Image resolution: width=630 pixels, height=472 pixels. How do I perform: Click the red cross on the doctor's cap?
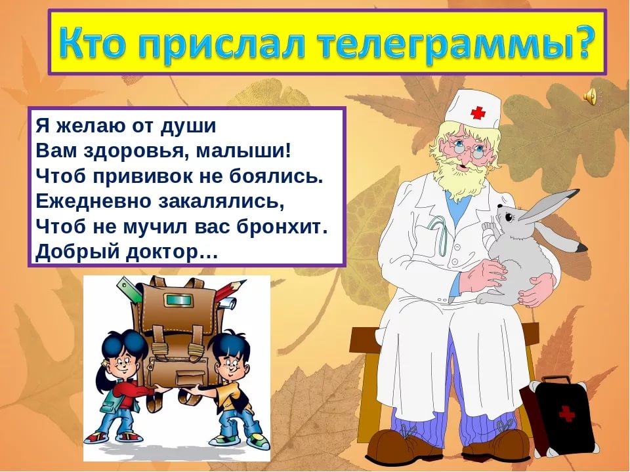[478, 112]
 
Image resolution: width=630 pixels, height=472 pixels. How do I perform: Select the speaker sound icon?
[590, 97]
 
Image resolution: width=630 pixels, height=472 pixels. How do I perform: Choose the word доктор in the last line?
[171, 252]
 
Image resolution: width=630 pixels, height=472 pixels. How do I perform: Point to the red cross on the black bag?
[566, 414]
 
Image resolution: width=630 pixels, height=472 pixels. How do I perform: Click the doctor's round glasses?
[467, 151]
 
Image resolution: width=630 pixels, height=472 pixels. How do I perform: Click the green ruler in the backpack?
[130, 289]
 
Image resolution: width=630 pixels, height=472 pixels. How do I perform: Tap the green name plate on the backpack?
[177, 300]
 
